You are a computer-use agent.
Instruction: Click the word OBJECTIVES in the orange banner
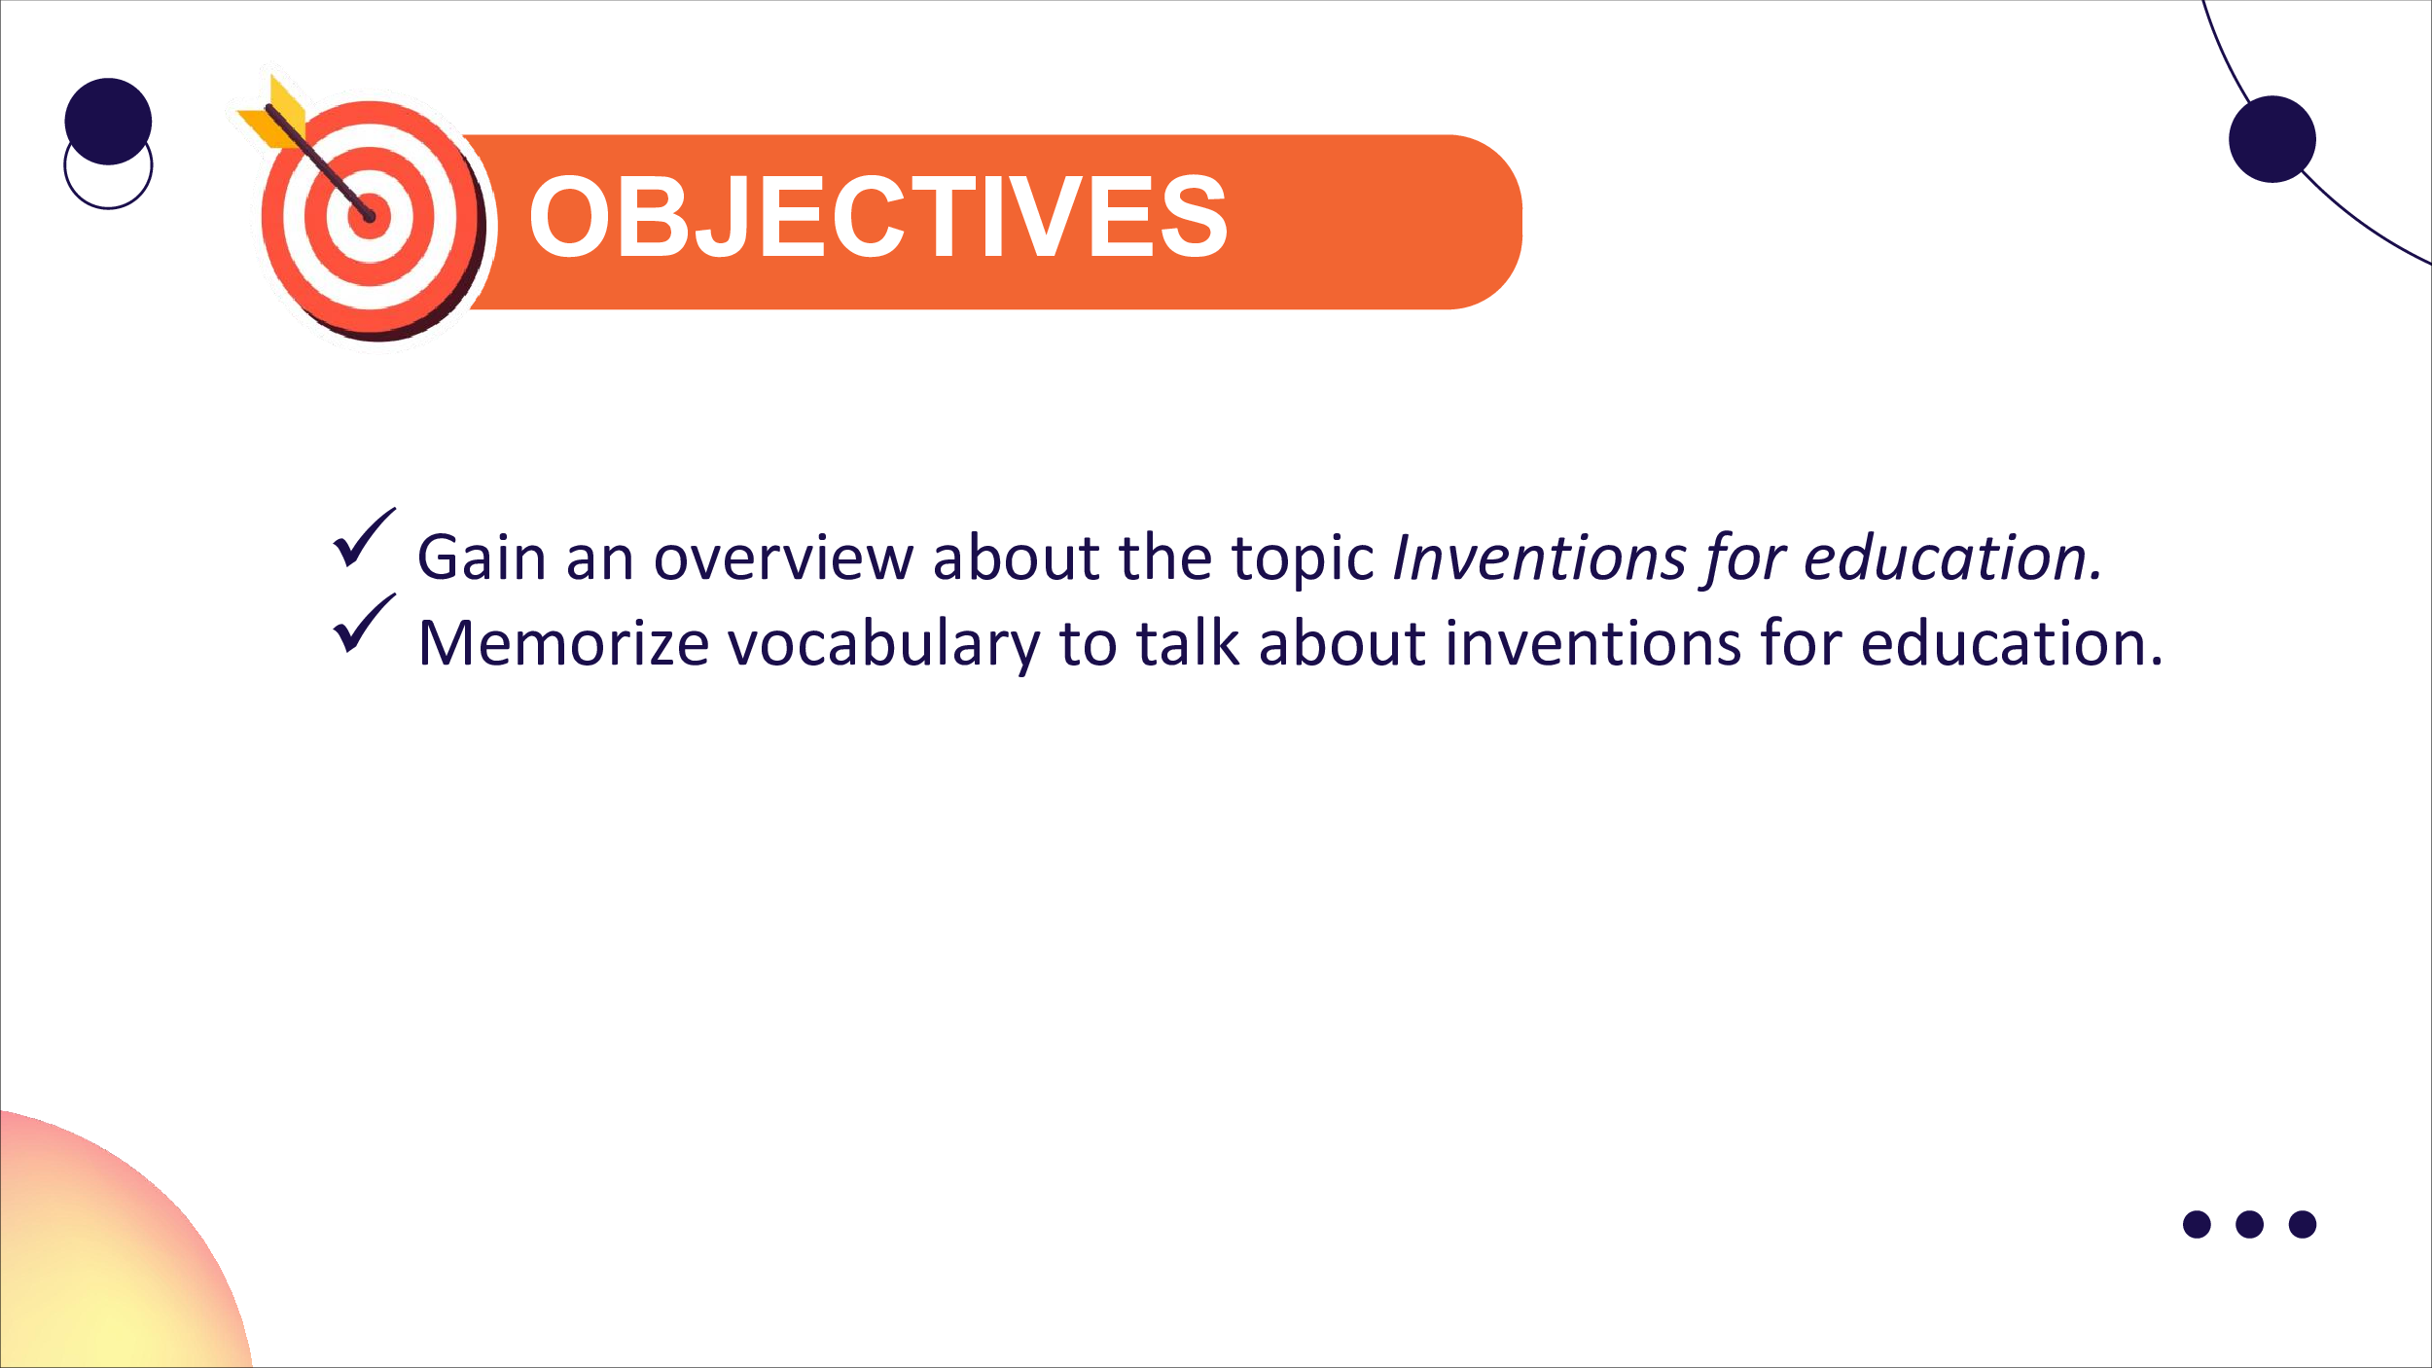(x=878, y=216)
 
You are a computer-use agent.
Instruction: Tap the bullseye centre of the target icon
(x=370, y=216)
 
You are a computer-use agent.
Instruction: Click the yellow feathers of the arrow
(x=273, y=114)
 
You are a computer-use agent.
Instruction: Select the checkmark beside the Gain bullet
(x=365, y=536)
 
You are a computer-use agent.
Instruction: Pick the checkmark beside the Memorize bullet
(x=365, y=622)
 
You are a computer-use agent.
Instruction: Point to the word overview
(x=783, y=558)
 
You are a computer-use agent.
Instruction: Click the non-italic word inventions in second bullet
(x=1592, y=643)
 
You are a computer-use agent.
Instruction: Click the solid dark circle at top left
(x=108, y=122)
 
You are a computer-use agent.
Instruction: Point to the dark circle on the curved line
(x=2272, y=139)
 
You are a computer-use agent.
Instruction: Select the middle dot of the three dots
(x=2250, y=1224)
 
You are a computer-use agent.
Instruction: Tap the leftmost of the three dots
(x=2198, y=1224)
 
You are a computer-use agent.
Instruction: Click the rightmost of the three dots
(x=2303, y=1224)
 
